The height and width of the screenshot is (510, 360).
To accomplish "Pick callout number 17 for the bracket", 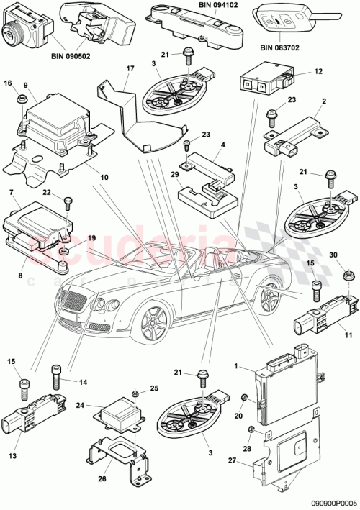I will (130, 69).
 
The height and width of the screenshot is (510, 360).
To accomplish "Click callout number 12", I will (318, 73).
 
